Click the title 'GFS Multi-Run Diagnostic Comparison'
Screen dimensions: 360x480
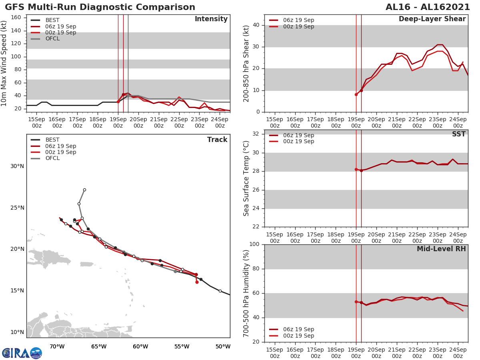100,7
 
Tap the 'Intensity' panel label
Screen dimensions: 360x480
211,19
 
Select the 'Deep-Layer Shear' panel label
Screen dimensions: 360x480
432,19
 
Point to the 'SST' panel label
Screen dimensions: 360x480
458,134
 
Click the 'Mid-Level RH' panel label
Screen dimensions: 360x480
441,249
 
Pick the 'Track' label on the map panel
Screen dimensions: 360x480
217,140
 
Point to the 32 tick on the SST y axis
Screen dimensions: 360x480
258,134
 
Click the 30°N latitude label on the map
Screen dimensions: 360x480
17,166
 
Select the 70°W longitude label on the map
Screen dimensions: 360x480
57,347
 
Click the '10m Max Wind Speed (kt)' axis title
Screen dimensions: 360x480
4,63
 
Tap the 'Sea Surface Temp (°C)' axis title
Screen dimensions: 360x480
247,178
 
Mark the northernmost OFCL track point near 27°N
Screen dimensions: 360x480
84,190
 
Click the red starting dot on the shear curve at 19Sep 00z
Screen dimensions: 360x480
356,94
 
